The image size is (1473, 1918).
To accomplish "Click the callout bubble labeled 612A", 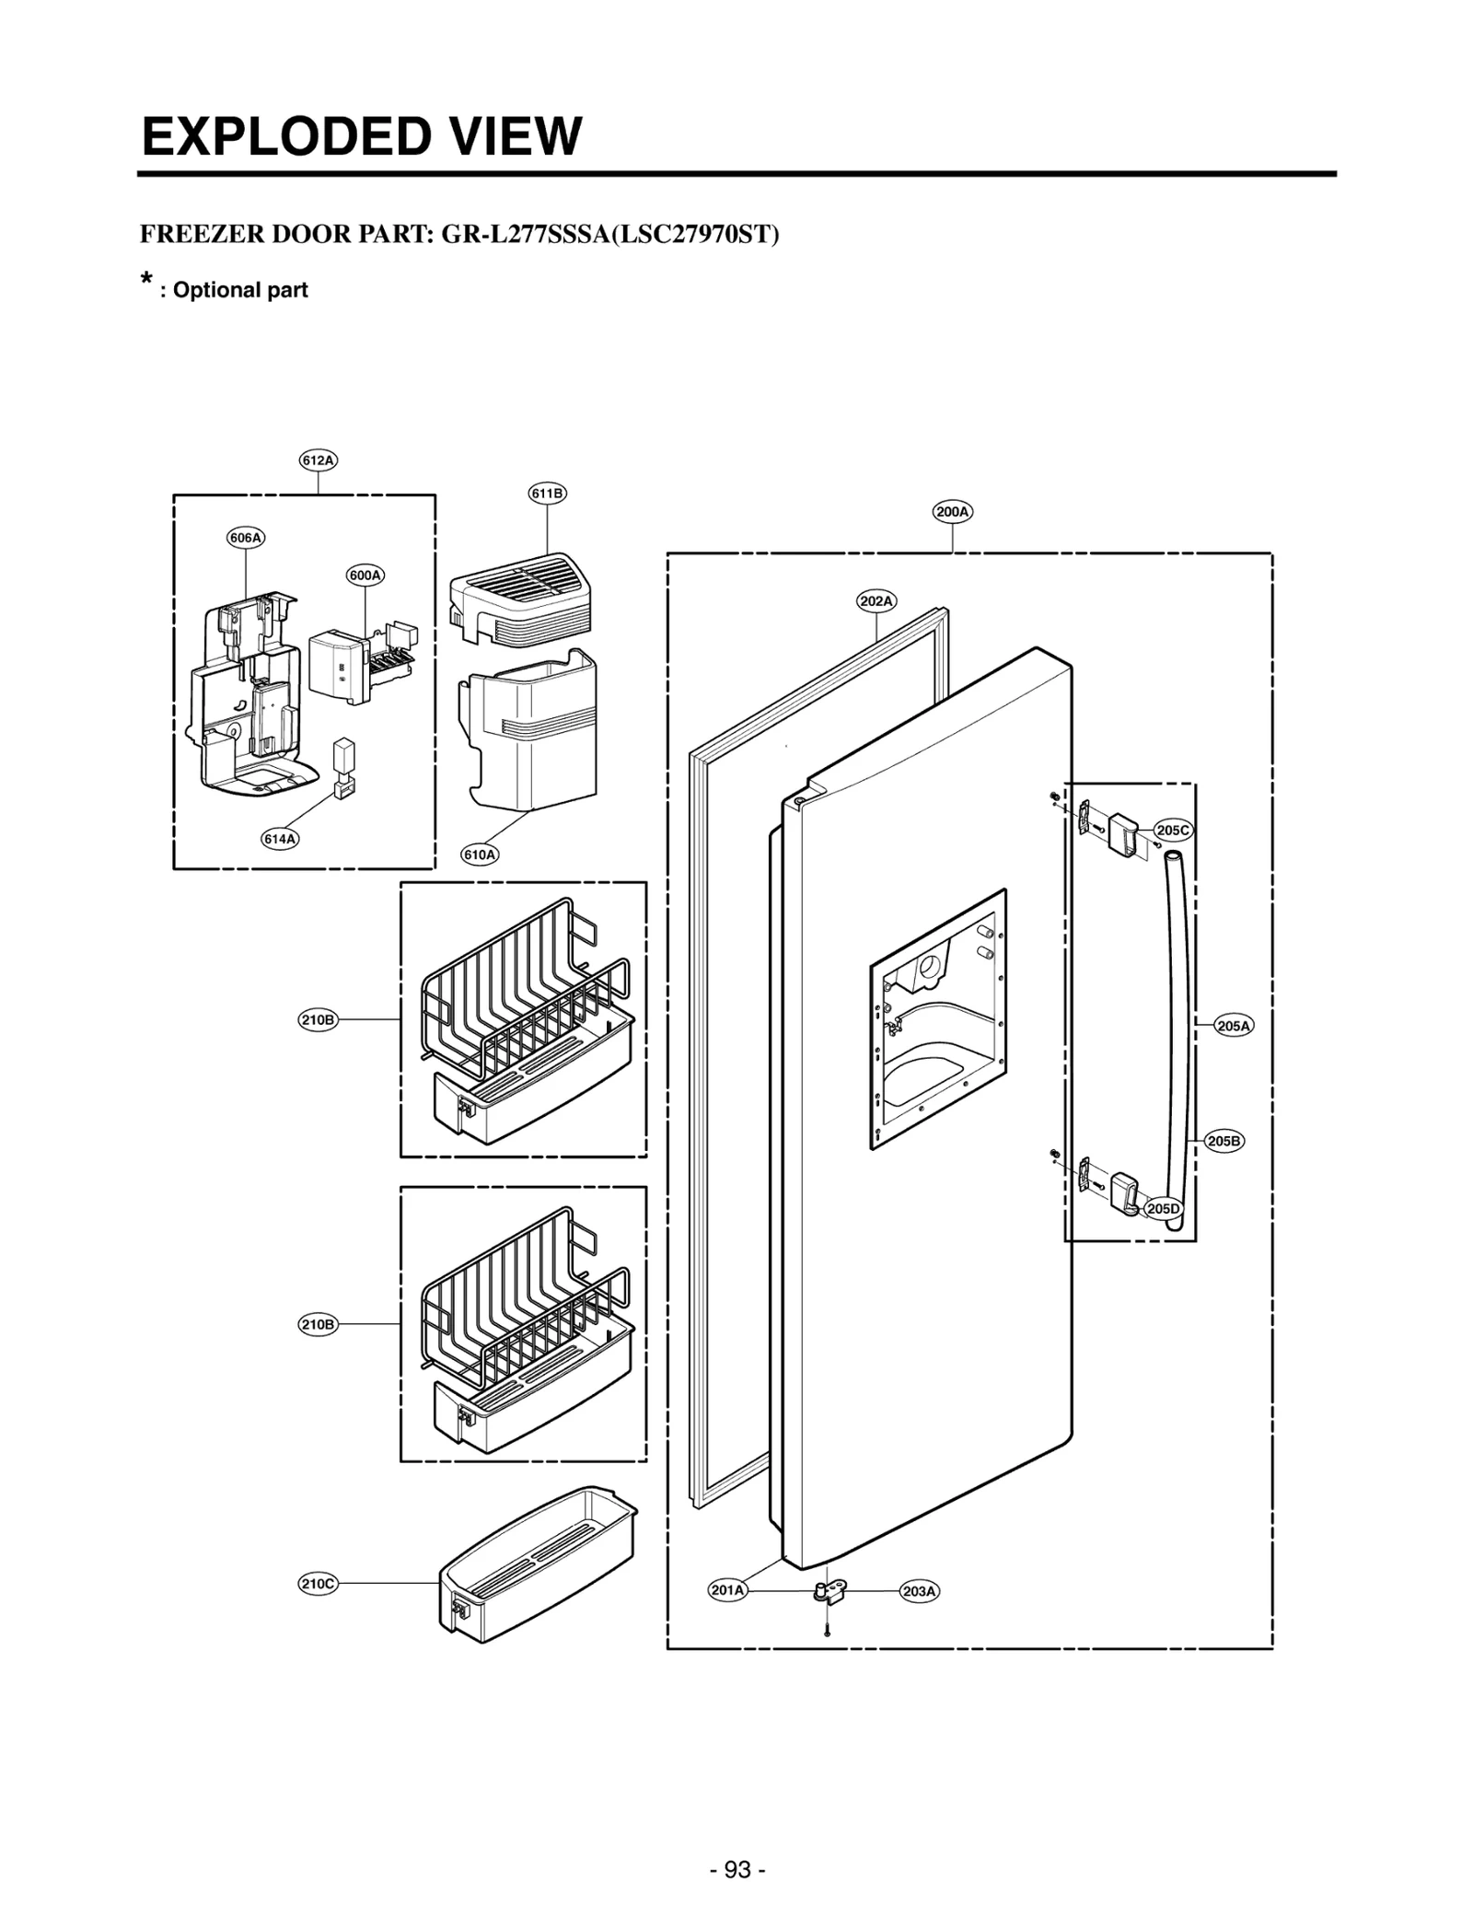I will point(319,459).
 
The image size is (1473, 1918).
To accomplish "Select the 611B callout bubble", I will point(547,494).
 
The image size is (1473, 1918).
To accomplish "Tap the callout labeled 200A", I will point(953,511).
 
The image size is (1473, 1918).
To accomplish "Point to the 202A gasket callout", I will point(876,601).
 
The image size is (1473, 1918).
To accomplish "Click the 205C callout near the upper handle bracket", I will point(1173,830).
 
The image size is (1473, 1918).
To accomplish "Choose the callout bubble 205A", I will point(1235,1026).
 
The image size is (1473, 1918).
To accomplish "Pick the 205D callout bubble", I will point(1163,1209).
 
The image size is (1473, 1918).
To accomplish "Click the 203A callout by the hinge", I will point(920,1590).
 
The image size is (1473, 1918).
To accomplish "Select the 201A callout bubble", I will point(727,1589).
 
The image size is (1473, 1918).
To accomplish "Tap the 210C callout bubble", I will point(319,1584).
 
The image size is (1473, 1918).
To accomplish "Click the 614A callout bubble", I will point(280,839).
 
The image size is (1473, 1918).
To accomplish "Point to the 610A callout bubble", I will point(480,854).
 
